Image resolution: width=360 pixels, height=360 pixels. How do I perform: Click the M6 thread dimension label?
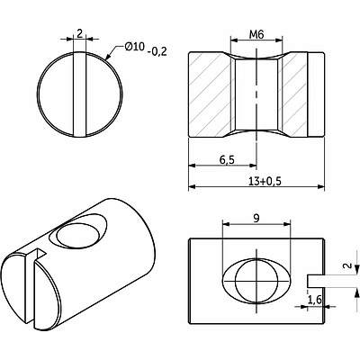pos(256,34)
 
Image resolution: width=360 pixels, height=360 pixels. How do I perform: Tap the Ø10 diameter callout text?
pos(135,47)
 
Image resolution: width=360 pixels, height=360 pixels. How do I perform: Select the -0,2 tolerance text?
pos(157,52)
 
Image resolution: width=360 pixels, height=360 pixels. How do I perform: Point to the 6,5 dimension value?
pos(227,160)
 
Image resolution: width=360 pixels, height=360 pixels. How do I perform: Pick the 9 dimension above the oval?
pos(256,219)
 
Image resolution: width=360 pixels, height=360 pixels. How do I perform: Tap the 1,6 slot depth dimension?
pos(315,300)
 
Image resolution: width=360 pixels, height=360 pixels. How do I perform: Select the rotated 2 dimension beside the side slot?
pos(347,265)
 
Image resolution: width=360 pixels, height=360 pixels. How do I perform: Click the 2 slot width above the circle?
pos(79,33)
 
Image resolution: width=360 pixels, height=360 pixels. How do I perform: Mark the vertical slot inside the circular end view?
pos(80,94)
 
